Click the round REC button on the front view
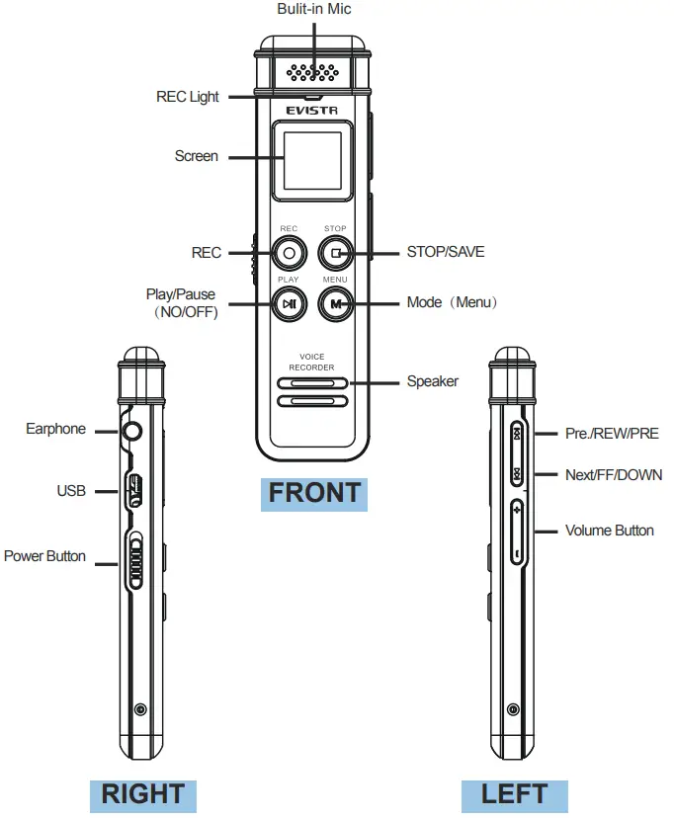289,252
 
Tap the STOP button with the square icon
336,252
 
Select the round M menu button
336,303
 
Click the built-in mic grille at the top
313,73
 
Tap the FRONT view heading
314,493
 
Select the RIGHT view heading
143,793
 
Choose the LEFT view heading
514,793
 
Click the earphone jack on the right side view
131,431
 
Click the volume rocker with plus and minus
517,532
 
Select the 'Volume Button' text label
609,531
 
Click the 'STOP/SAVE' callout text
446,252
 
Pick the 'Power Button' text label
44,556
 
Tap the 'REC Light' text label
188,97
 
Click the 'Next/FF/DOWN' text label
613,475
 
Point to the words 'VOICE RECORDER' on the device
312,362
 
